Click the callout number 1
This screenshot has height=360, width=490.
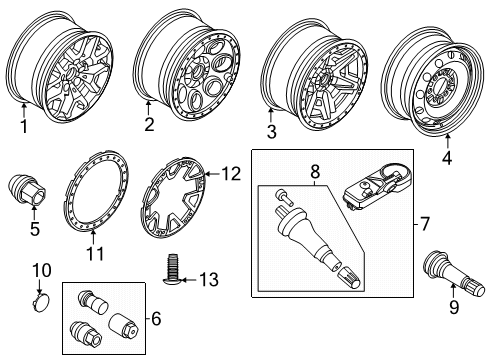24,127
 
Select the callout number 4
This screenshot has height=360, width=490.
447,158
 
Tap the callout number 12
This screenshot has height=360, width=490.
231,174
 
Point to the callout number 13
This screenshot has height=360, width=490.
209,279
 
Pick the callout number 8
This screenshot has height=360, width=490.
315,172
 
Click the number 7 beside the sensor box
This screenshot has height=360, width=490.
424,224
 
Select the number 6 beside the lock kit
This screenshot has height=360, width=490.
156,319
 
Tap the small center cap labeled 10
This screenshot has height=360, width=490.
42,303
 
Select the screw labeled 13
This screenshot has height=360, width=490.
172,269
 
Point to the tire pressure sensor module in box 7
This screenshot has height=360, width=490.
377,188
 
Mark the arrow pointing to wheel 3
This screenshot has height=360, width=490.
271,115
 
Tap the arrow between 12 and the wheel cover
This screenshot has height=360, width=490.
212,174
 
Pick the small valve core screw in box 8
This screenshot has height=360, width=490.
282,196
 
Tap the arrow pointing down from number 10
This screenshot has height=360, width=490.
40,287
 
